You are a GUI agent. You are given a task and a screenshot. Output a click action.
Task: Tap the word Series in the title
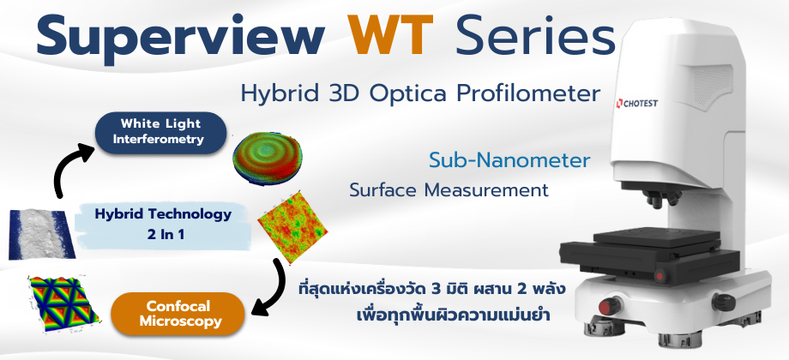tap(535, 35)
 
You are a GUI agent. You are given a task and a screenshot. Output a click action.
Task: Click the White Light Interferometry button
tap(160, 133)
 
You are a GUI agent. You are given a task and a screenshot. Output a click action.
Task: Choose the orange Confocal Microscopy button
tap(178, 314)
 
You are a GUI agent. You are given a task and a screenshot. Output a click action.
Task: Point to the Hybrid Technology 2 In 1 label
tap(163, 225)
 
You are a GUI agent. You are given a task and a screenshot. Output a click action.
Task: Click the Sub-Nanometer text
tap(509, 161)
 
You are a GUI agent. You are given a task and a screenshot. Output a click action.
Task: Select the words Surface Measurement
tap(449, 190)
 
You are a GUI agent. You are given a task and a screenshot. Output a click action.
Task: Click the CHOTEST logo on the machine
tap(636, 104)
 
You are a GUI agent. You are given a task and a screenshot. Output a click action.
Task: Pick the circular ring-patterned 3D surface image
tap(268, 158)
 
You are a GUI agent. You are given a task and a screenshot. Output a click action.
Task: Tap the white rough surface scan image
tap(42, 234)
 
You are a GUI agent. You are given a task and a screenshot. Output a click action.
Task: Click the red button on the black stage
tap(660, 275)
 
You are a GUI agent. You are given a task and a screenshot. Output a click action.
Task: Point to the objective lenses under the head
tap(663, 198)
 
